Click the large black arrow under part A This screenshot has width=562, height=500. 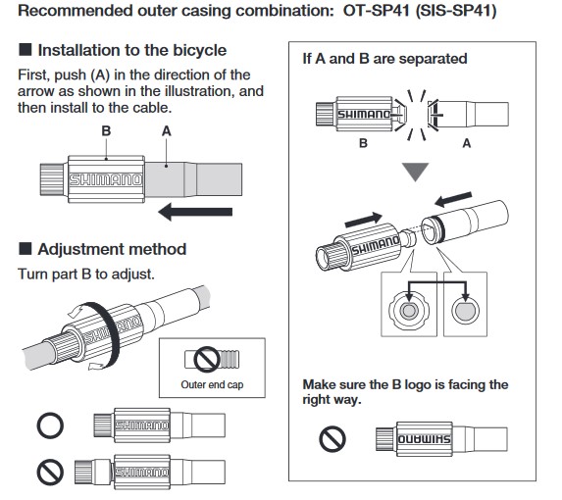click(x=195, y=212)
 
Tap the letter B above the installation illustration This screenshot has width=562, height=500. click(x=106, y=131)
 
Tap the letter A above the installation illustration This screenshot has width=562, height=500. click(x=167, y=131)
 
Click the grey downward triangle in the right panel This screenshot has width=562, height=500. click(x=416, y=172)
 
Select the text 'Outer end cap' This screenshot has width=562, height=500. click(x=212, y=384)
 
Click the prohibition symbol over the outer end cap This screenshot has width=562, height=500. click(x=207, y=359)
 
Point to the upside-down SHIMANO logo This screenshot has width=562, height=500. click(x=425, y=439)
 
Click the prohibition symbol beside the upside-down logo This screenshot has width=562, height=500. click(x=332, y=439)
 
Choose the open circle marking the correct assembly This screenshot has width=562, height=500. click(x=50, y=425)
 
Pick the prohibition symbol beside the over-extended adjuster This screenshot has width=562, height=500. click(x=50, y=473)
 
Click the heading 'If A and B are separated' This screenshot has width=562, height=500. click(x=384, y=59)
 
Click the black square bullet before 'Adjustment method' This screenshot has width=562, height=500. click(x=26, y=248)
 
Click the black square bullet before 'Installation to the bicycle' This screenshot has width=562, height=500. click(x=26, y=49)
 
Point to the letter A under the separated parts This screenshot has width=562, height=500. click(x=466, y=143)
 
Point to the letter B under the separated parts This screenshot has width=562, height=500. click(x=363, y=143)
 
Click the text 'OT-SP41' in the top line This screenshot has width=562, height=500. click(x=376, y=11)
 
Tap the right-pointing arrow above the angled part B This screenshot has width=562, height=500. click(x=364, y=220)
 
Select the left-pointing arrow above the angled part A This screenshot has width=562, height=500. click(x=453, y=199)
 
